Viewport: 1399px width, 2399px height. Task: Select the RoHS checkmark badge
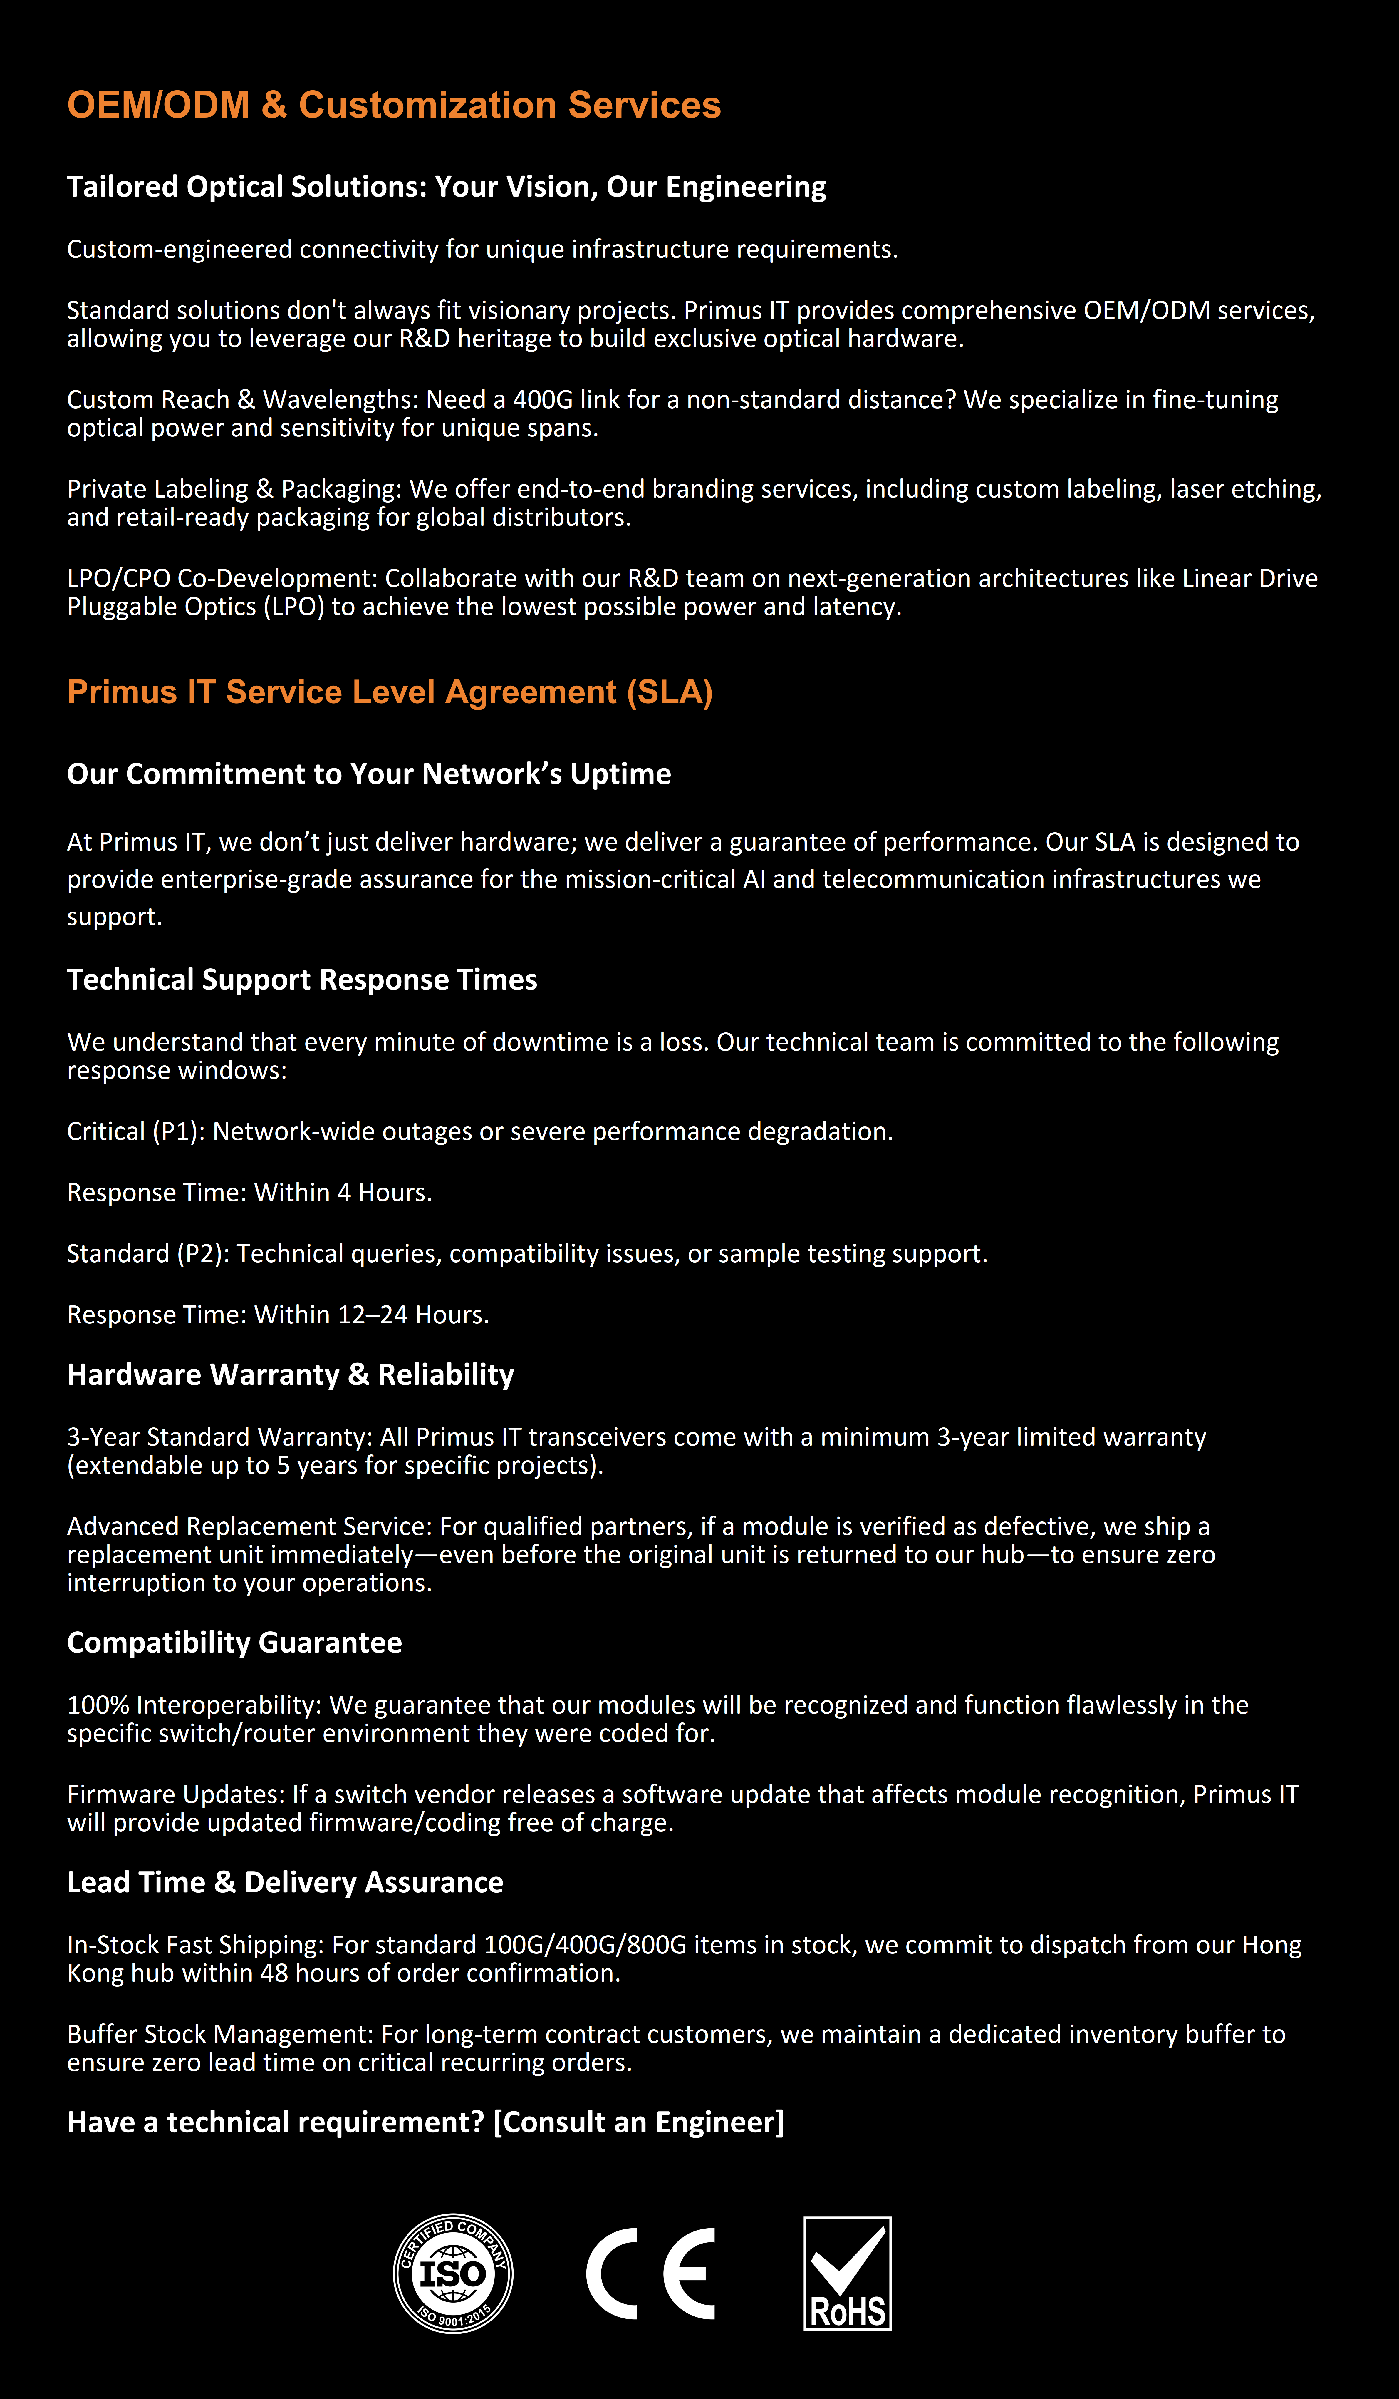(x=847, y=2273)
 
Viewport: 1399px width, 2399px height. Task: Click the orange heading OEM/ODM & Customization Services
(x=394, y=105)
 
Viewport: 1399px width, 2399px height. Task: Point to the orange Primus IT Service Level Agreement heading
(x=390, y=692)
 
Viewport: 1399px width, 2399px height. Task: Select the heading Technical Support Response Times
(x=302, y=980)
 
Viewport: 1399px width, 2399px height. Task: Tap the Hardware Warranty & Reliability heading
(x=290, y=1375)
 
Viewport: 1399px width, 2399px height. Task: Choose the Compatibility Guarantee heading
(x=234, y=1642)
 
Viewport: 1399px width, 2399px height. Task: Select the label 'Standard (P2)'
(x=147, y=1254)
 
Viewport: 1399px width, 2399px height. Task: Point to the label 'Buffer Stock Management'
(x=219, y=2034)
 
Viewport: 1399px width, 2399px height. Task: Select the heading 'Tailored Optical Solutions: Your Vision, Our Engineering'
(x=446, y=187)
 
